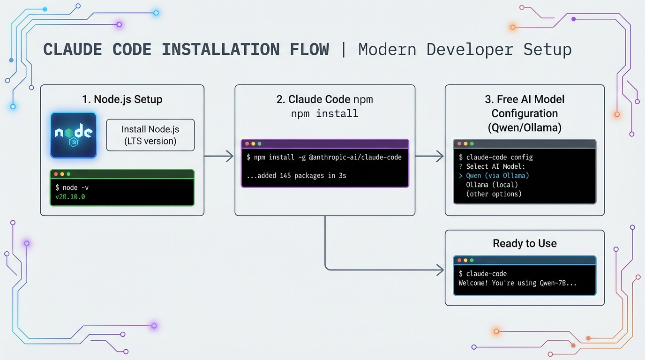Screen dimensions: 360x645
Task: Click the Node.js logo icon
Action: (x=73, y=135)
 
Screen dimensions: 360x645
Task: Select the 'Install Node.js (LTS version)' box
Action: (x=150, y=135)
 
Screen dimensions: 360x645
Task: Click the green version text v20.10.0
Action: (x=70, y=197)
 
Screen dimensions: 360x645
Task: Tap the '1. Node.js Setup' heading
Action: (x=122, y=99)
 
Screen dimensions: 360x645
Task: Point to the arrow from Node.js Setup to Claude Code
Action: (x=219, y=156)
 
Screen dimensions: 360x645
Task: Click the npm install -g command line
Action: (x=324, y=157)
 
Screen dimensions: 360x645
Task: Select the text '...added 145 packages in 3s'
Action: (x=296, y=176)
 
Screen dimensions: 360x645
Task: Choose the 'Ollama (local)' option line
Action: (x=492, y=185)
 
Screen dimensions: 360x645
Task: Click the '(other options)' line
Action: (x=494, y=194)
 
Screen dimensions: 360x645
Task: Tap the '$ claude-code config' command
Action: (x=495, y=157)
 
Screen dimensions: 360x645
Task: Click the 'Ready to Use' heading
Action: (x=525, y=243)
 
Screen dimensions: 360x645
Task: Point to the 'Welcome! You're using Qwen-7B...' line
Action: (x=517, y=283)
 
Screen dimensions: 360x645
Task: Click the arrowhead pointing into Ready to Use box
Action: (x=440, y=270)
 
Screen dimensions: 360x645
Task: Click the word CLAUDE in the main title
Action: (x=73, y=50)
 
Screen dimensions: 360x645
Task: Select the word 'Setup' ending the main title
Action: (x=547, y=50)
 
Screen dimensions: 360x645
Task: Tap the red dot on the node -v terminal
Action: (x=56, y=174)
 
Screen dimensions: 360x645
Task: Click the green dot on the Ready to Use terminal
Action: (x=472, y=260)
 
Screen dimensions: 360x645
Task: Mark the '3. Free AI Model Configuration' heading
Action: (x=525, y=113)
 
